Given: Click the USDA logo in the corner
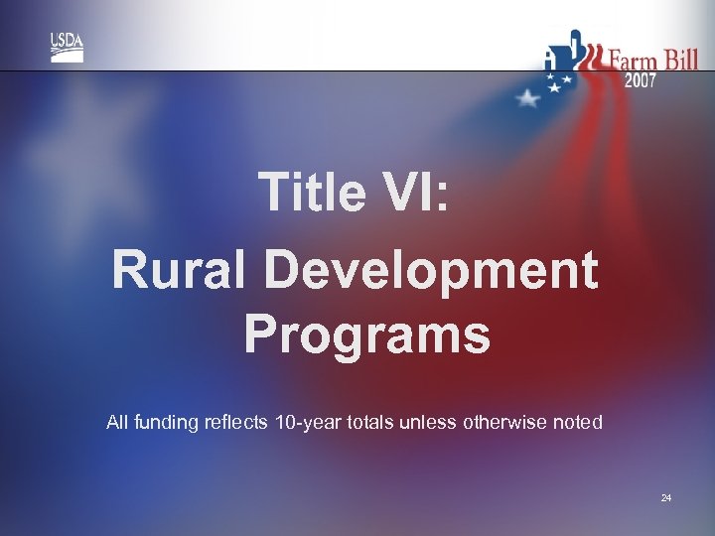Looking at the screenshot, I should (67, 47).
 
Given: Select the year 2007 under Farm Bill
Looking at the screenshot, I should (640, 81).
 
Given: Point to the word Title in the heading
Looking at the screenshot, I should (310, 192).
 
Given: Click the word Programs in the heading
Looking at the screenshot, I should (366, 334).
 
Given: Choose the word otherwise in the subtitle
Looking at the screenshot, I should (498, 422).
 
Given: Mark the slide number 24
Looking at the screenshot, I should (665, 497).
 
